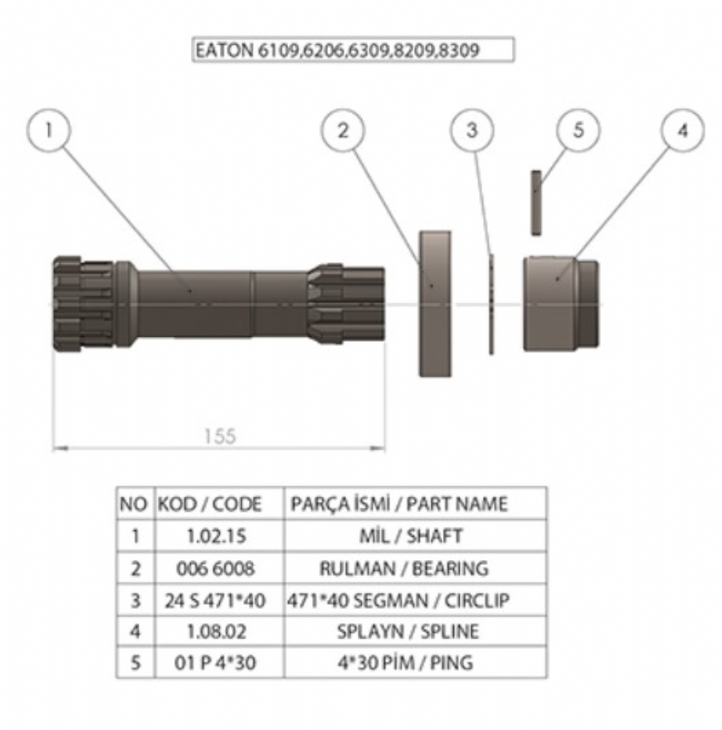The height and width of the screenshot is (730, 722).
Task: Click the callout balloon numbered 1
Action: point(49,130)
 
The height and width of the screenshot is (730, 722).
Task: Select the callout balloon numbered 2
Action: point(343,130)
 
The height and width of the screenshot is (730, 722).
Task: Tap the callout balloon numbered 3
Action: point(472,130)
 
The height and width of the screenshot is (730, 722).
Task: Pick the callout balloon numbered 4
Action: point(683,130)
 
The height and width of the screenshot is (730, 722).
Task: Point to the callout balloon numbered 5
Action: point(578,130)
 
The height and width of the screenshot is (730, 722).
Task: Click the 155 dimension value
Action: point(220,436)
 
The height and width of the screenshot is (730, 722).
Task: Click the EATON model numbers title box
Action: point(353,50)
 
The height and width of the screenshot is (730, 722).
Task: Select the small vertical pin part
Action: point(536,202)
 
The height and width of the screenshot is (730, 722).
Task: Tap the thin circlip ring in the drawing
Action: point(491,304)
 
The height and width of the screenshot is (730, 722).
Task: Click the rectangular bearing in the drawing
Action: point(435,303)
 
